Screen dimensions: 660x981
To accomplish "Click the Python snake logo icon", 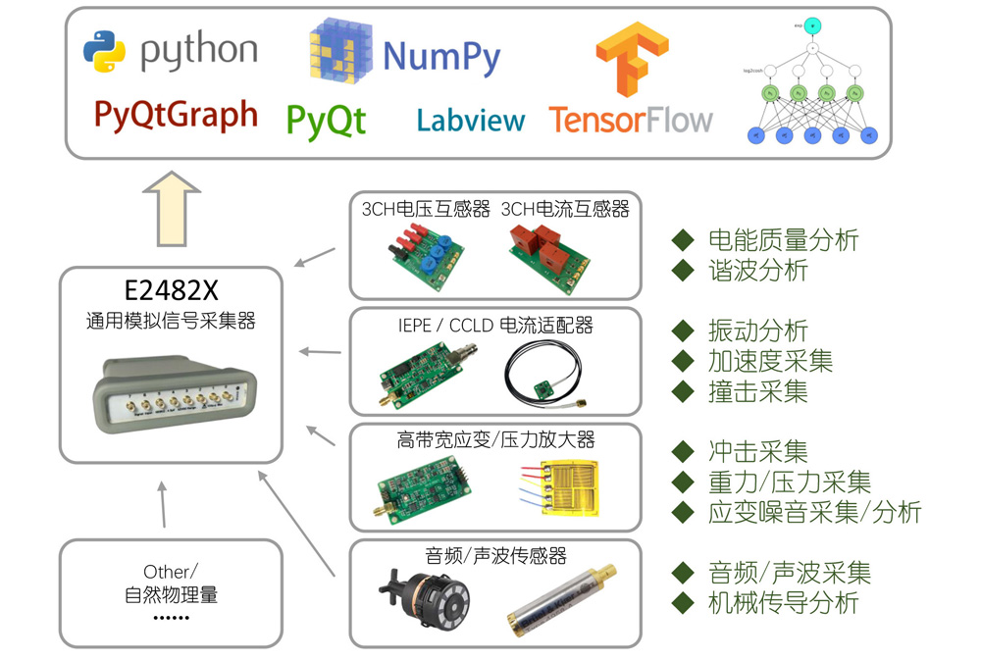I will pyautogui.click(x=105, y=51).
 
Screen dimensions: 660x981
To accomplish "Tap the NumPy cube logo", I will pyautogui.click(x=340, y=53).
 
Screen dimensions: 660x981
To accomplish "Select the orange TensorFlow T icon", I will pyautogui.click(x=630, y=58).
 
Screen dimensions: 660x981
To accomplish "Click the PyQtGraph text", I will pyautogui.click(x=176, y=115).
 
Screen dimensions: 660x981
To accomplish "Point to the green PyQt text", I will pyautogui.click(x=326, y=120).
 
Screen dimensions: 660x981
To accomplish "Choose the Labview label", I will pyautogui.click(x=471, y=120).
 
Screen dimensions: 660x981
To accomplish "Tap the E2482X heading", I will pyautogui.click(x=171, y=291).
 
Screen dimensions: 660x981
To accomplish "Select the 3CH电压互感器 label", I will pyautogui.click(x=425, y=209).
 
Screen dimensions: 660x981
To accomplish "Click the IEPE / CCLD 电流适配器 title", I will pyautogui.click(x=494, y=326).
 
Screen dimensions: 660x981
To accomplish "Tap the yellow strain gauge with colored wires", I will pyautogui.click(x=557, y=486).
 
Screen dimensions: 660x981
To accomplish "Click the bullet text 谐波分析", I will pyautogui.click(x=757, y=271).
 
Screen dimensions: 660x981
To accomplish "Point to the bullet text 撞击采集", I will pyautogui.click(x=757, y=391).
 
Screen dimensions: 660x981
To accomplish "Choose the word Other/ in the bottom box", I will pyautogui.click(x=171, y=572).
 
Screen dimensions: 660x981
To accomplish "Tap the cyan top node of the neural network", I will pyautogui.click(x=812, y=24).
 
